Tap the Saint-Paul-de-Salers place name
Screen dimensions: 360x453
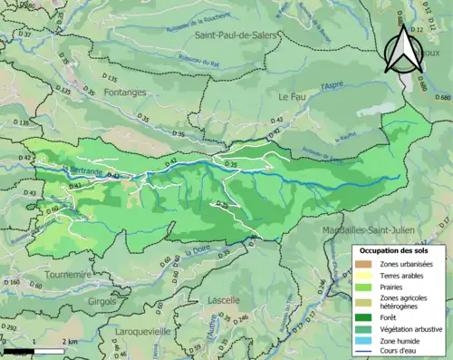coord(236,34)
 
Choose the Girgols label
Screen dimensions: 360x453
coord(101,299)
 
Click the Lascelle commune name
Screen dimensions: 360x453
coord(223,299)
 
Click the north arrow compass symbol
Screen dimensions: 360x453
coord(403,47)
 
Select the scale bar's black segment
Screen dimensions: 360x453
coord(20,350)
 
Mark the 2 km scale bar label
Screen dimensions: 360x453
coord(69,343)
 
